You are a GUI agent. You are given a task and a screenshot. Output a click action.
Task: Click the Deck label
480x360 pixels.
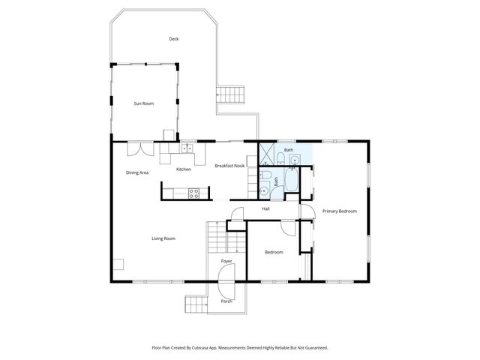(x=173, y=39)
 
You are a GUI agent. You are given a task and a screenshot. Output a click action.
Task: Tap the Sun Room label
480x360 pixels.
(x=144, y=103)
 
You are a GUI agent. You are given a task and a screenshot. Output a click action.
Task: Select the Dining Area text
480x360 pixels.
(x=137, y=172)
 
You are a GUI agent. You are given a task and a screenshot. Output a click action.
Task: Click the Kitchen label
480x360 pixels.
(x=184, y=169)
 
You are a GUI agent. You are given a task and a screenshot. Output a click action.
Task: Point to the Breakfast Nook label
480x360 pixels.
(x=229, y=166)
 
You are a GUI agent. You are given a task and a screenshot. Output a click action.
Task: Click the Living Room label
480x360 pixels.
(x=163, y=238)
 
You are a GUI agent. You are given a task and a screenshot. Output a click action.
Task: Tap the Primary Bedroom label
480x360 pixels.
(x=340, y=211)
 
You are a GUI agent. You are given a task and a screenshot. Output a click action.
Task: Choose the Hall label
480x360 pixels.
(x=265, y=208)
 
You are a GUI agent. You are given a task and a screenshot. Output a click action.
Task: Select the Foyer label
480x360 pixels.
(x=226, y=261)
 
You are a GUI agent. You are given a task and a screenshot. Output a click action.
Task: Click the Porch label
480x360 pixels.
(x=226, y=301)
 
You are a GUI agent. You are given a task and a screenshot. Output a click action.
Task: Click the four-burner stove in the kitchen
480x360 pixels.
(x=194, y=193)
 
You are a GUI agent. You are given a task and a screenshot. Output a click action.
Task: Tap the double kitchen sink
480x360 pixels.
(x=184, y=149)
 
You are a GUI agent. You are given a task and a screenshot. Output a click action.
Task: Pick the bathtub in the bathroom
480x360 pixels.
(x=292, y=181)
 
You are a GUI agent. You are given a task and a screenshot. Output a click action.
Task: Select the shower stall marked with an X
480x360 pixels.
(x=266, y=154)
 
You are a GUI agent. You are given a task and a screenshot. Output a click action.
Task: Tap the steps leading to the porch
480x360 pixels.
(x=196, y=303)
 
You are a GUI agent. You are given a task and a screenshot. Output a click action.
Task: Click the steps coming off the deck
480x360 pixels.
(x=232, y=94)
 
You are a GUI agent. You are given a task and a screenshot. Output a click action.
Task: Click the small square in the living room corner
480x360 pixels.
(x=118, y=264)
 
